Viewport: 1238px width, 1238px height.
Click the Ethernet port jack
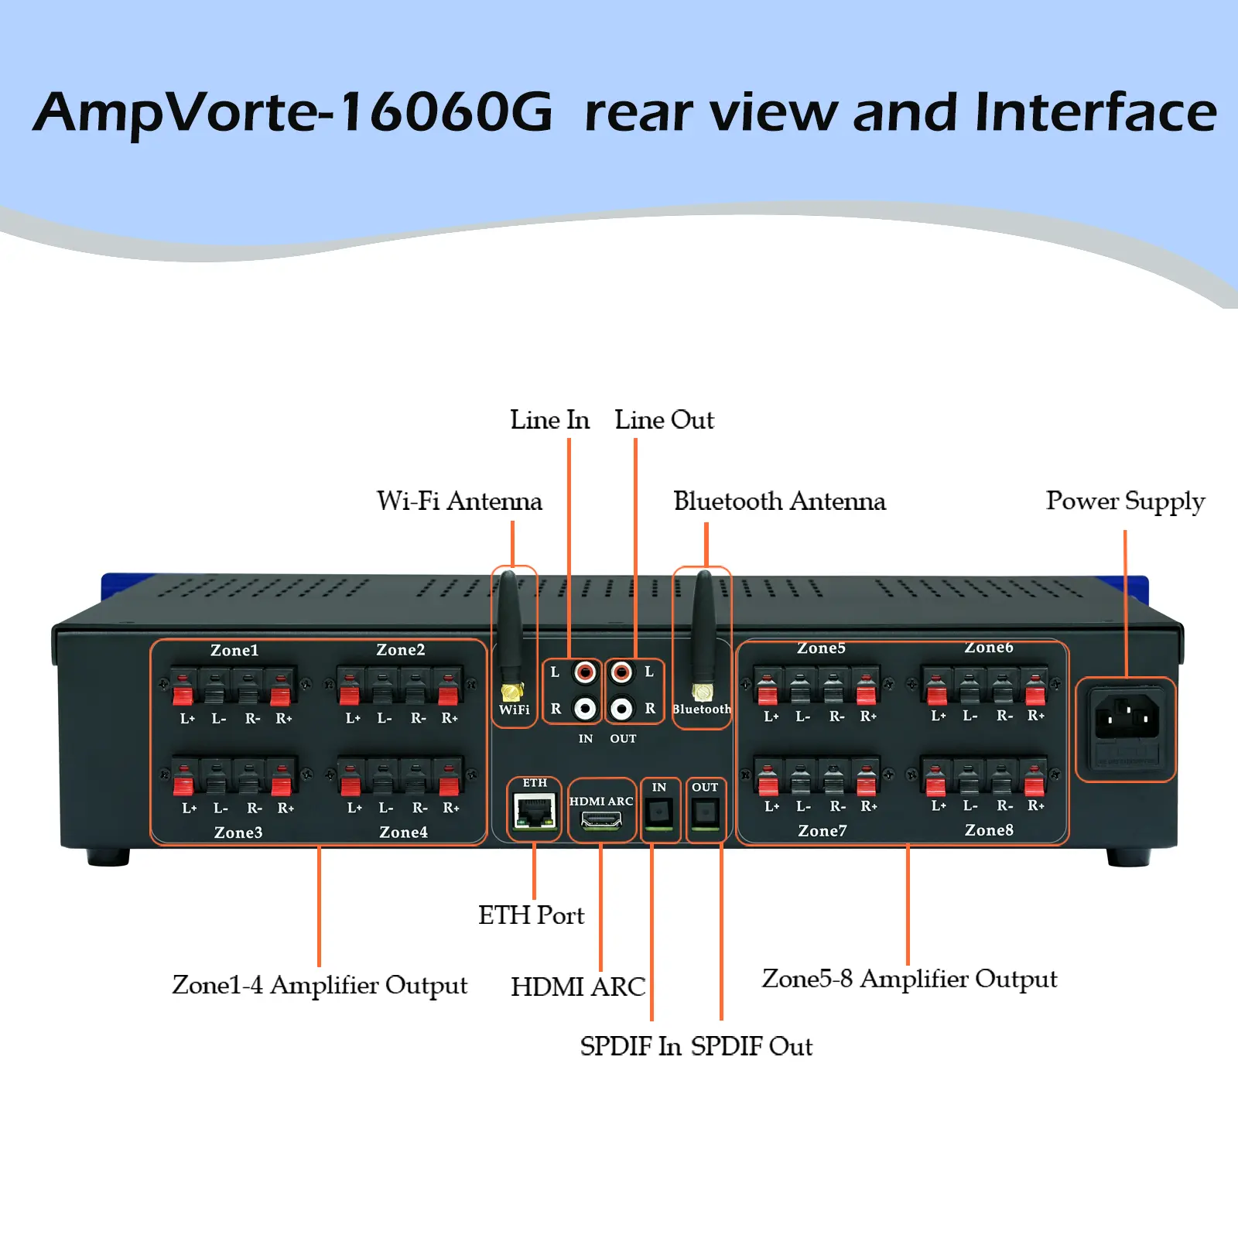click(x=535, y=812)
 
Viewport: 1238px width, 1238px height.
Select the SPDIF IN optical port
click(x=659, y=812)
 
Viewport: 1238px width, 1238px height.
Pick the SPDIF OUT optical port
click(x=705, y=812)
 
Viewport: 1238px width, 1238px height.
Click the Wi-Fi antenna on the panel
click(x=510, y=634)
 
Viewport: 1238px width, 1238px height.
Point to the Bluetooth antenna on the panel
click(x=703, y=634)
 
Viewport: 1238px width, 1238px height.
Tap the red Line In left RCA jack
click(x=586, y=672)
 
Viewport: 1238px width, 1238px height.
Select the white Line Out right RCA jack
click(x=621, y=708)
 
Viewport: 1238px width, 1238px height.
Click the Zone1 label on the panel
click(x=234, y=650)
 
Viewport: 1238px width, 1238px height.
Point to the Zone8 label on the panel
click(x=989, y=830)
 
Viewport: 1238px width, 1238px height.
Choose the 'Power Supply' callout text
click(x=1126, y=501)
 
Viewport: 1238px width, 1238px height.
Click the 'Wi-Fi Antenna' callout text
click(x=460, y=501)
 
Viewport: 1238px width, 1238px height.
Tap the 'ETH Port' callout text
click(x=531, y=915)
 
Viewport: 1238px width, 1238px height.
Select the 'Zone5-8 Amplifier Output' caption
click(x=909, y=980)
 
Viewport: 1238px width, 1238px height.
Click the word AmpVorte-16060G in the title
click(x=293, y=113)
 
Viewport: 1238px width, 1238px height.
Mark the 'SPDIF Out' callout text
click(x=751, y=1046)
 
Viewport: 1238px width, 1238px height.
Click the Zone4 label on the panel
click(x=403, y=833)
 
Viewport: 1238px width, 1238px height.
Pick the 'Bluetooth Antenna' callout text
click(x=779, y=501)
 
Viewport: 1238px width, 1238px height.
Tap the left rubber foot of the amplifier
click(x=108, y=857)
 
